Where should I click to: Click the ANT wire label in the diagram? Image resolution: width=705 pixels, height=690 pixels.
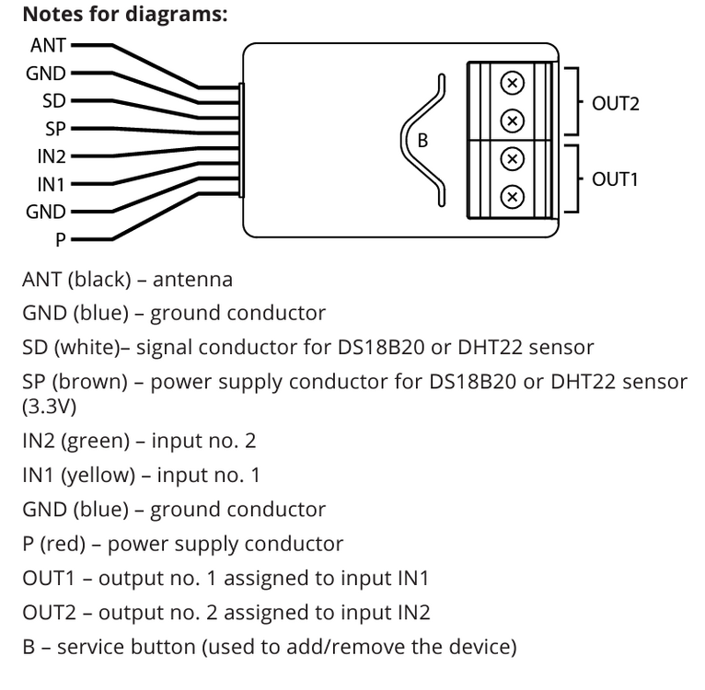(x=48, y=45)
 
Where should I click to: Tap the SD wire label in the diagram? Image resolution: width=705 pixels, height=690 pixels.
(x=54, y=101)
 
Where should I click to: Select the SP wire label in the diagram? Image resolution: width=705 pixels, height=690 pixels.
(x=54, y=129)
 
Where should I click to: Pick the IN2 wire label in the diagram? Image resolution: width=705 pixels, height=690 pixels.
(x=52, y=156)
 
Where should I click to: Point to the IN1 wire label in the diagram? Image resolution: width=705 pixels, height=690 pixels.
(x=52, y=185)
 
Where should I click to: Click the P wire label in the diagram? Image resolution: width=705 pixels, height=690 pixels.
(x=61, y=240)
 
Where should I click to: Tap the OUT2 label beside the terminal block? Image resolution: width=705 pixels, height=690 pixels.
(x=615, y=103)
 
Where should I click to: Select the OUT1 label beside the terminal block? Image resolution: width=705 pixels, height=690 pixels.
(x=615, y=178)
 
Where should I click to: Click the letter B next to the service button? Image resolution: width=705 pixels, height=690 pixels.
(x=422, y=141)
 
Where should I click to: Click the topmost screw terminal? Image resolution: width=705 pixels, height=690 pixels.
(x=513, y=84)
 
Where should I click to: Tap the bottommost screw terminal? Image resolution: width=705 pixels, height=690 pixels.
(x=513, y=197)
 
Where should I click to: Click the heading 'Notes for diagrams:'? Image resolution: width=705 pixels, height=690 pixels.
(x=124, y=15)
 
